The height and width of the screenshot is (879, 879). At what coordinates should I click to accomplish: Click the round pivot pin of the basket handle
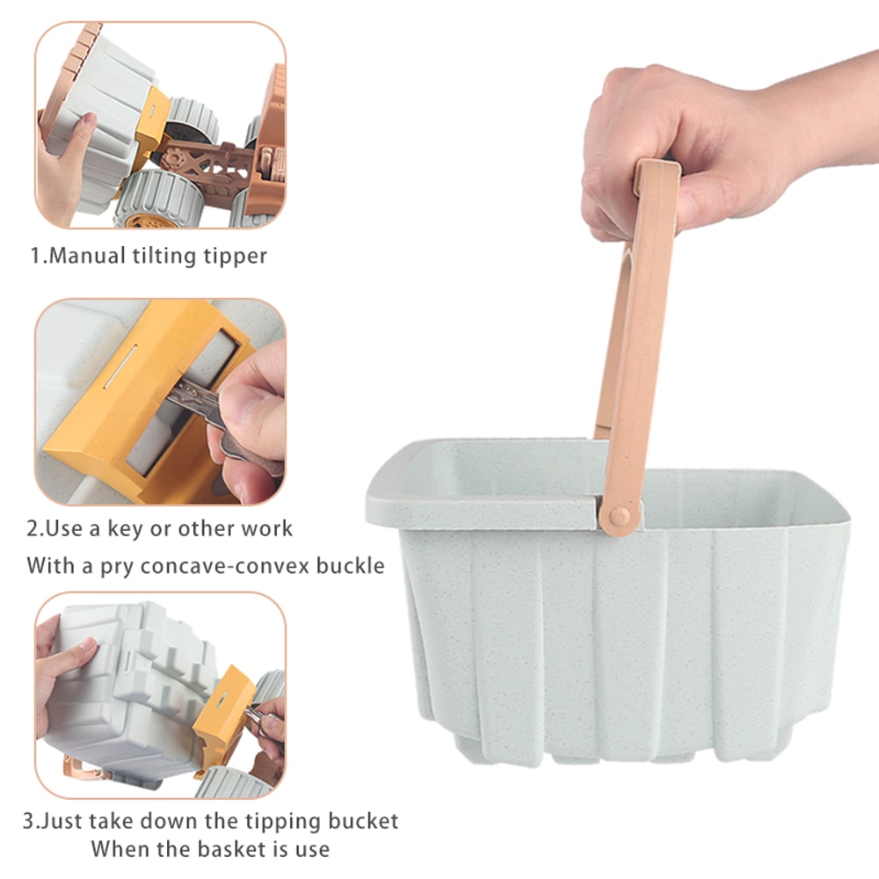pos(619,516)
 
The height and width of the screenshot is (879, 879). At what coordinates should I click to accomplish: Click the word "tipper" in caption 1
pos(235,256)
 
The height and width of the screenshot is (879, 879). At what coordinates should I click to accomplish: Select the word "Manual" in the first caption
pos(87,256)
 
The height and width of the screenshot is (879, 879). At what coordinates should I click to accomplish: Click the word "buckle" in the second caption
pos(351,565)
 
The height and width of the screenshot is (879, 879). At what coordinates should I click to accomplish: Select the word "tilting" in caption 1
pos(164,256)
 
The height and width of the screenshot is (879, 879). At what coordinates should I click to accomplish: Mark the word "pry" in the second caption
pos(117,567)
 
